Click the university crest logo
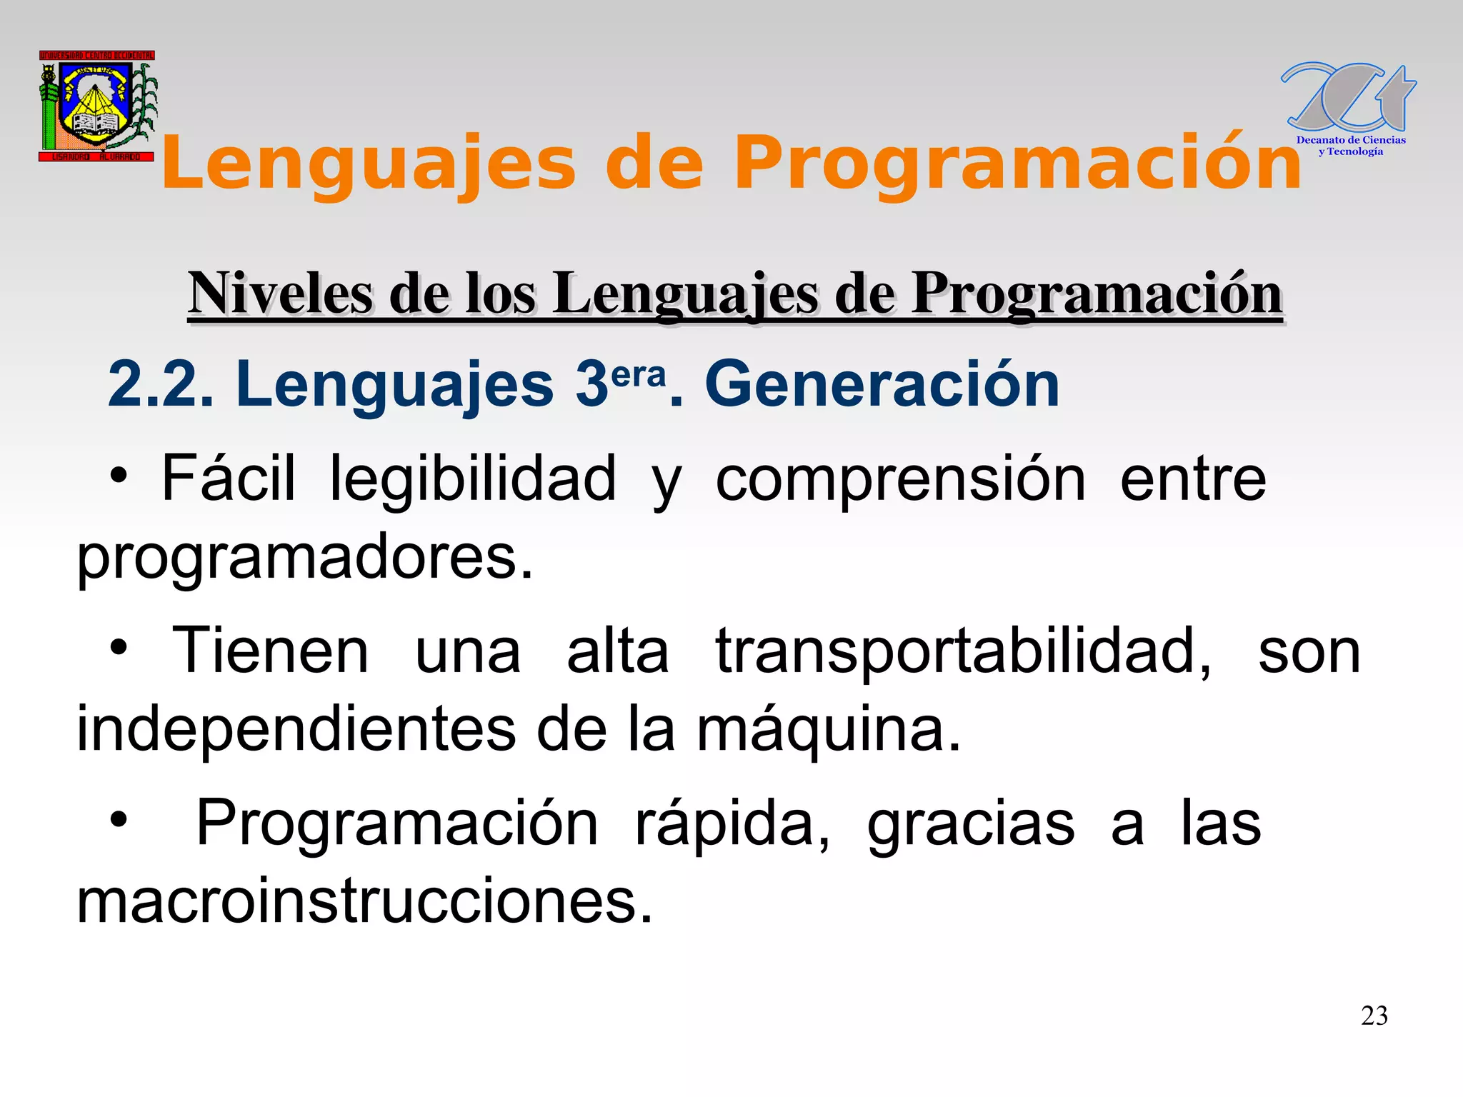[x=97, y=106]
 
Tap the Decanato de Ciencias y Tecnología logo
[x=1349, y=109]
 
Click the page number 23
[x=1374, y=1016]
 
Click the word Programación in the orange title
[x=1017, y=164]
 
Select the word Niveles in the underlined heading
[x=280, y=294]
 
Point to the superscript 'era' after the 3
[x=639, y=374]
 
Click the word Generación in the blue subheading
[x=882, y=386]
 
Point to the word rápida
[x=732, y=824]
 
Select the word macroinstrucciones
[x=364, y=901]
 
